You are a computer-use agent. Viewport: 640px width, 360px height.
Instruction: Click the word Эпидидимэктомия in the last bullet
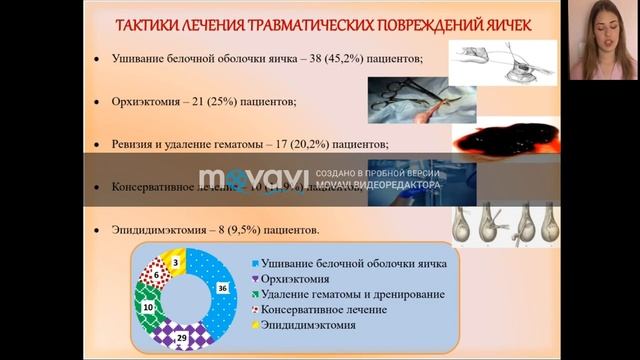pyautogui.click(x=165, y=230)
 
